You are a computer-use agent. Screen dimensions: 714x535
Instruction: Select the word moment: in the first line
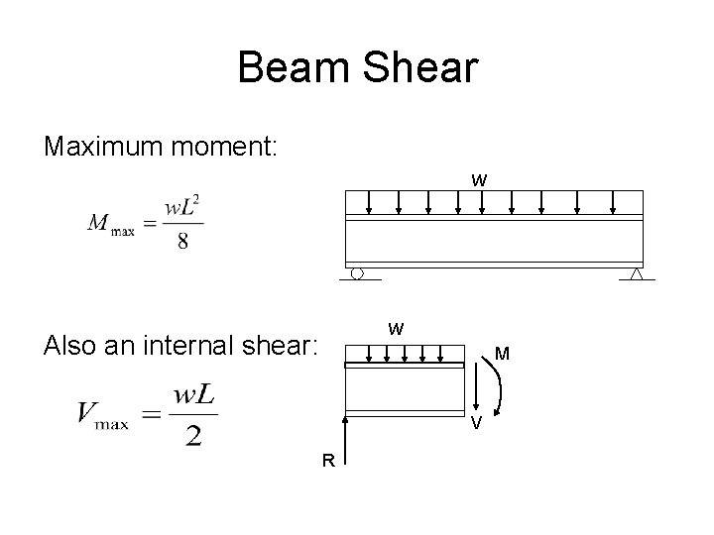pos(232,147)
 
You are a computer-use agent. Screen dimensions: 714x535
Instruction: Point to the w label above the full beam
pos(479,180)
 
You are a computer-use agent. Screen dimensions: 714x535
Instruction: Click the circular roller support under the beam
pos(358,272)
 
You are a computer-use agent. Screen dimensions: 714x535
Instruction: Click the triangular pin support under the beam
pos(637,273)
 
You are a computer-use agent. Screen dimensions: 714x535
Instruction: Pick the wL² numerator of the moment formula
pos(183,208)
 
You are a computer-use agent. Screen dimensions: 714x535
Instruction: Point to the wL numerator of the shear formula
pos(194,395)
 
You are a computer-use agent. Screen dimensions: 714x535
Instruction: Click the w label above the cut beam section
pos(396,328)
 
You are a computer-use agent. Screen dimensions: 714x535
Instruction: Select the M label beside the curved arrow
pos(503,353)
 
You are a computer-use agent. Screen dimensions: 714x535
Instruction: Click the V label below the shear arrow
pos(477,425)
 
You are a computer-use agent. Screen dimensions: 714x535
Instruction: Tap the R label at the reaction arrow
pos(326,459)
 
